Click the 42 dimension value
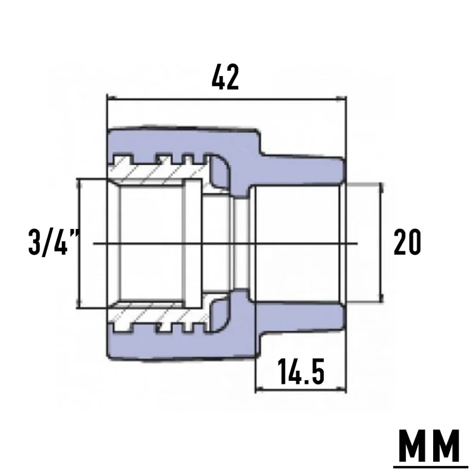pyautogui.click(x=226, y=77)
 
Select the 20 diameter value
pyautogui.click(x=408, y=242)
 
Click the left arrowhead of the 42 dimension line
pyautogui.click(x=112, y=98)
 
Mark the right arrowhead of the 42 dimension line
pyautogui.click(x=341, y=98)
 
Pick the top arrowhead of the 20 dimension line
pyautogui.click(x=381, y=187)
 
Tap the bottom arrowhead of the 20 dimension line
pyautogui.click(x=381, y=297)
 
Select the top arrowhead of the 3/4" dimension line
pyautogui.click(x=80, y=184)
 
